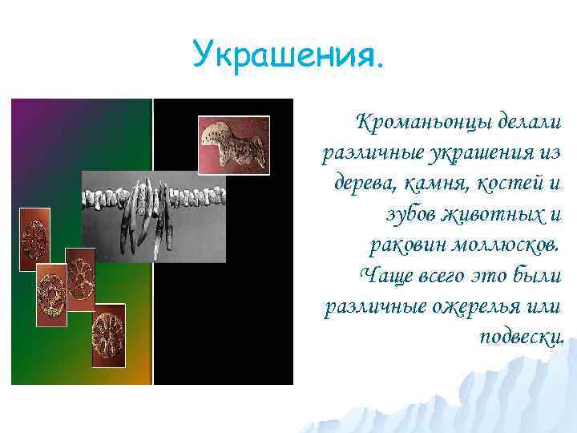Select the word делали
[x=531, y=123]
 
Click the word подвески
[x=521, y=336]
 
